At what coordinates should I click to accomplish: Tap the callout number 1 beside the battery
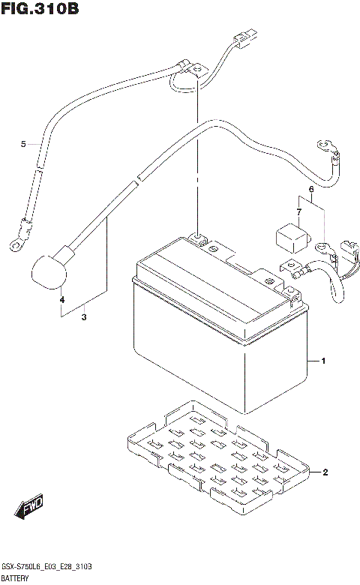tap(322, 362)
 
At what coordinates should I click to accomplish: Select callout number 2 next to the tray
tap(325, 472)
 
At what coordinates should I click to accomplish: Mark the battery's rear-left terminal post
tap(197, 238)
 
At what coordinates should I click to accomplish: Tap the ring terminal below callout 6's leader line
tap(323, 245)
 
